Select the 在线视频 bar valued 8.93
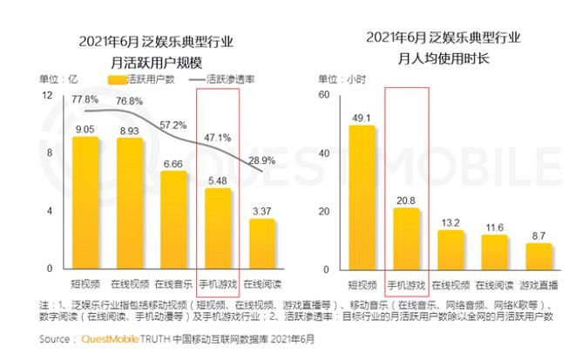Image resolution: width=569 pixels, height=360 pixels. click(x=129, y=204)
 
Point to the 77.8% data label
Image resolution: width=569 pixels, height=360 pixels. click(x=85, y=99)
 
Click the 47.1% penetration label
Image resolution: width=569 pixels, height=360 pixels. click(x=217, y=137)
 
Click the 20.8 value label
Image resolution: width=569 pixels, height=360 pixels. click(x=406, y=200)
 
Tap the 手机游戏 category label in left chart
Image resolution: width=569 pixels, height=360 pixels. click(x=217, y=284)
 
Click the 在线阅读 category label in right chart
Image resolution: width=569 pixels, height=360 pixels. click(x=494, y=284)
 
